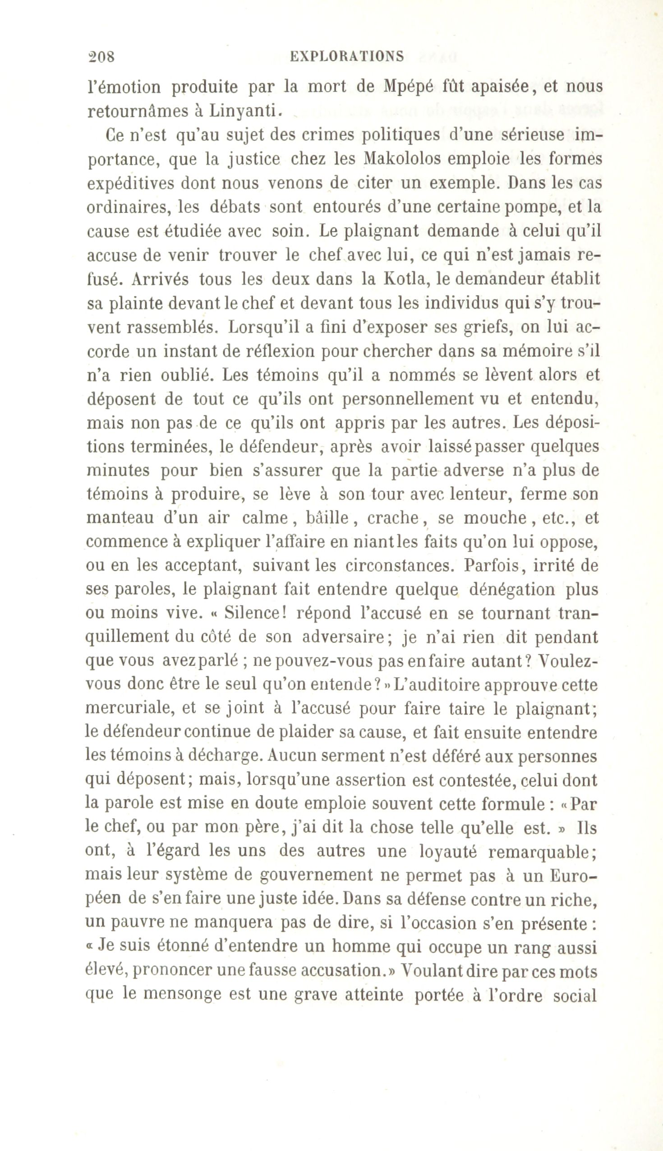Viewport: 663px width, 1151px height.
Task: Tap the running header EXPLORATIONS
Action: [347, 56]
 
